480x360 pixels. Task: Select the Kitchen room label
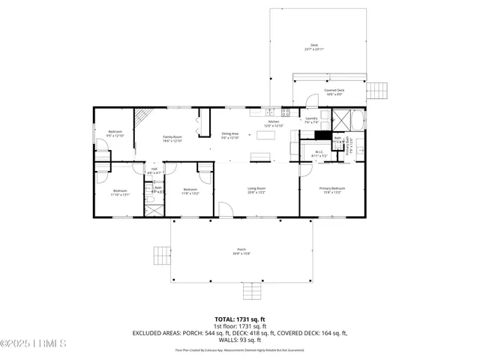(x=274, y=123)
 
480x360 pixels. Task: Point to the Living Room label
(x=256, y=190)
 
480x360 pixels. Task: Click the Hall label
(x=154, y=170)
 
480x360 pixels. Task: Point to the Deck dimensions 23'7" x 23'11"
(x=315, y=50)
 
